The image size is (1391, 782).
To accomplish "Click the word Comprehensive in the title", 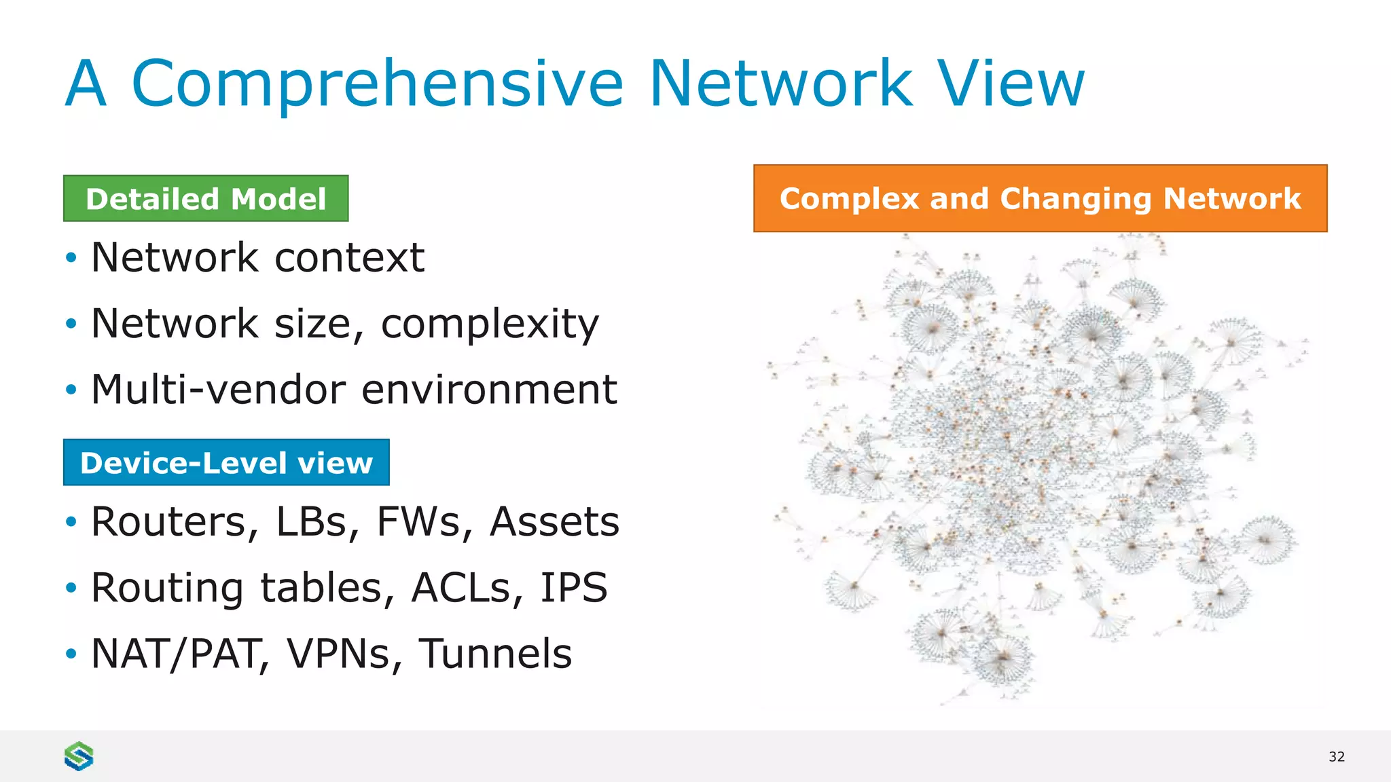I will [377, 84].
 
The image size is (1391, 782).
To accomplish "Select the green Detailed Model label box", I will [206, 199].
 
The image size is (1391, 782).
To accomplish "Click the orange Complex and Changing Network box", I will [1040, 198].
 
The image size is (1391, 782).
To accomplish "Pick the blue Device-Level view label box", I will [226, 463].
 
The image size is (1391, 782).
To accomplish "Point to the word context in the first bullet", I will [349, 258].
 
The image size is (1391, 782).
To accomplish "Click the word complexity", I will [490, 324].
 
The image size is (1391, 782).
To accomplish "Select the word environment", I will [489, 390].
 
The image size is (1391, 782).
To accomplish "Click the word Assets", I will [554, 522].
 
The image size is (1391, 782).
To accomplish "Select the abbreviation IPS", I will [573, 588].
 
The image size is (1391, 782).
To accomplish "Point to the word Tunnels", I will [494, 654].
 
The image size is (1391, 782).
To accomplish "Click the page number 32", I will [1336, 757].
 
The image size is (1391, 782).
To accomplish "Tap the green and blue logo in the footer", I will [79, 756].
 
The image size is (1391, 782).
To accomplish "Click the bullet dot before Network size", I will [71, 324].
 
